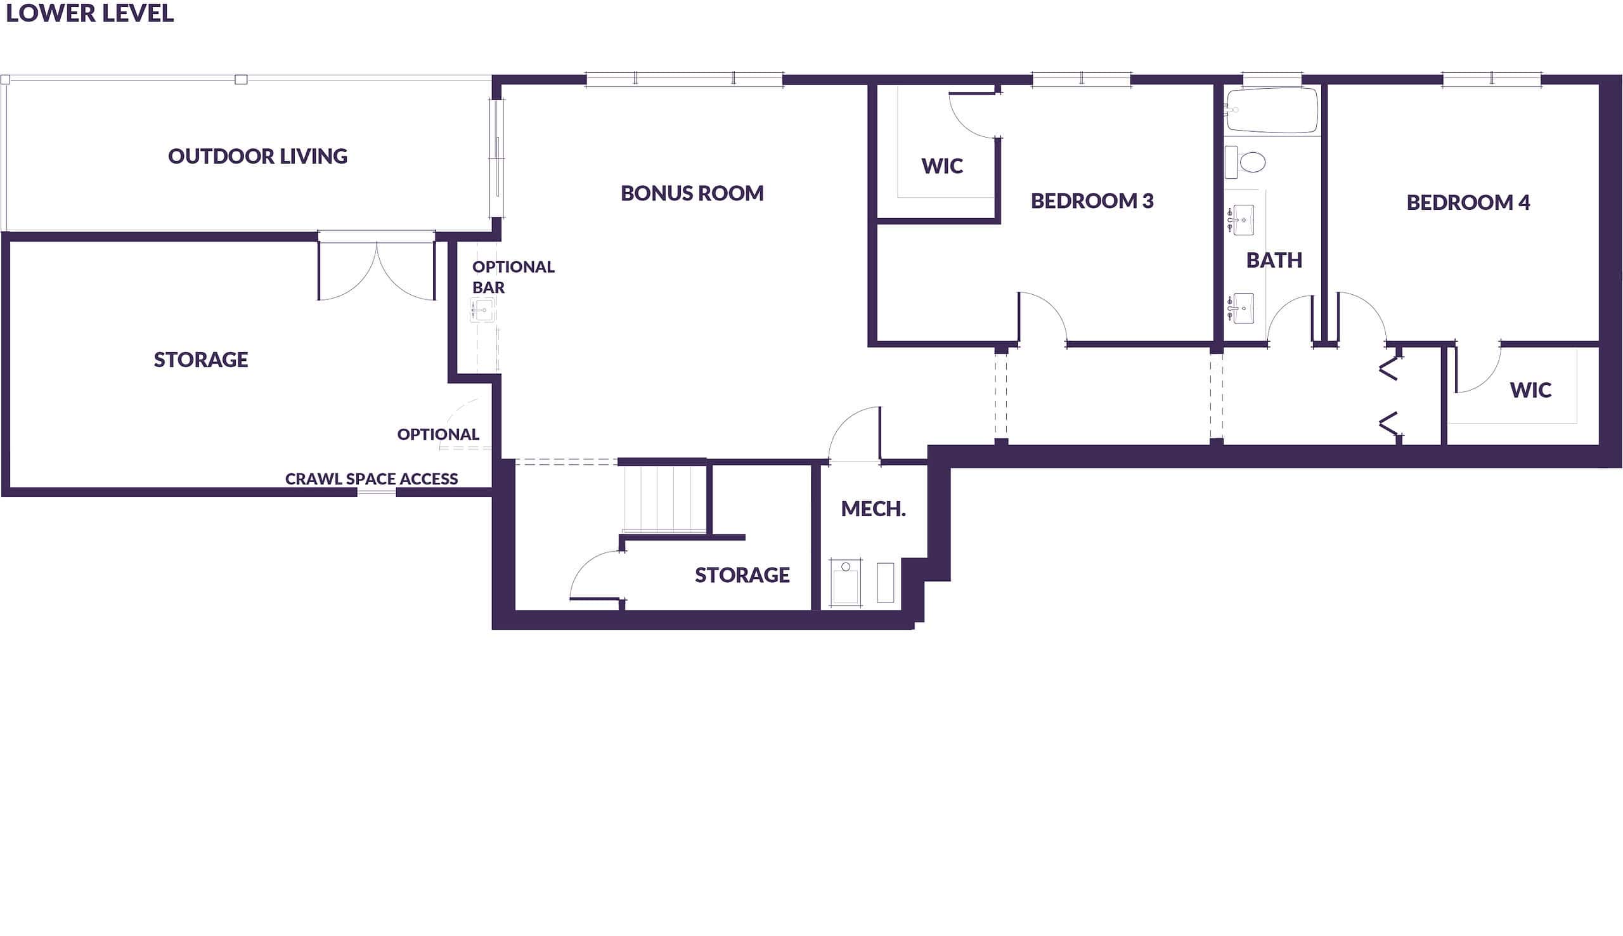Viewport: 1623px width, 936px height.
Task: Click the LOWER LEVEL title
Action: coord(89,13)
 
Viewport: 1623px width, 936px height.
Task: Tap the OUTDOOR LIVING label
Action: coord(257,156)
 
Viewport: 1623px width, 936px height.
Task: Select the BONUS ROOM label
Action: coord(692,193)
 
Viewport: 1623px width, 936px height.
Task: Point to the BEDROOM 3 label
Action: coord(1092,200)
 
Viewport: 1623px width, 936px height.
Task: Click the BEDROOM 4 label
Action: coord(1468,202)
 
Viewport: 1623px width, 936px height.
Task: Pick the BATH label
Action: coord(1274,261)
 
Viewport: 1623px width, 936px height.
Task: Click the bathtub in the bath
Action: coord(1272,110)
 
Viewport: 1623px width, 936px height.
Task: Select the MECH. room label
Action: coord(872,509)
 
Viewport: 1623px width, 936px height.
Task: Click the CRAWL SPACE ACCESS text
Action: coord(372,479)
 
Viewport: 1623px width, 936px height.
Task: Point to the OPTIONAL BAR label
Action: coord(512,277)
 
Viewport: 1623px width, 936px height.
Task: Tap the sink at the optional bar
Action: coord(482,311)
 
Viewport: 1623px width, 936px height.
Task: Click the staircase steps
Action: coord(664,498)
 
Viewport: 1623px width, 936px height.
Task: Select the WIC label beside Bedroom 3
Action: coord(942,166)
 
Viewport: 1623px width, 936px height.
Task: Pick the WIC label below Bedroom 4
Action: coord(1530,389)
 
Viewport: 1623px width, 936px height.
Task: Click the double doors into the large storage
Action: coord(377,270)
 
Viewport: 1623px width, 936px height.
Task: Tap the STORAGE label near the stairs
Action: coord(742,575)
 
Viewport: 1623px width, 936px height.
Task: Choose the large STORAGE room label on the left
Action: coord(200,360)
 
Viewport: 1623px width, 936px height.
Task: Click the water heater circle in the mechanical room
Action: coord(846,566)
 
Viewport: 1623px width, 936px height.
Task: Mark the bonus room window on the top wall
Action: coord(683,79)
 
